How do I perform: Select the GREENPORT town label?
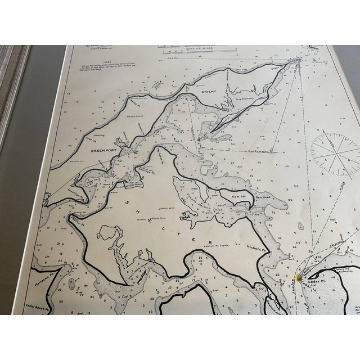pyautogui.click(x=103, y=151)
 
